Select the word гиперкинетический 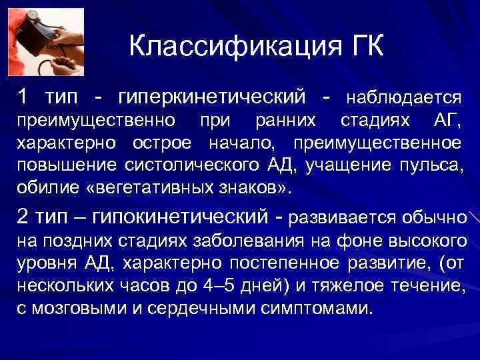click(x=211, y=97)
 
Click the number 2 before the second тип click(x=23, y=217)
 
